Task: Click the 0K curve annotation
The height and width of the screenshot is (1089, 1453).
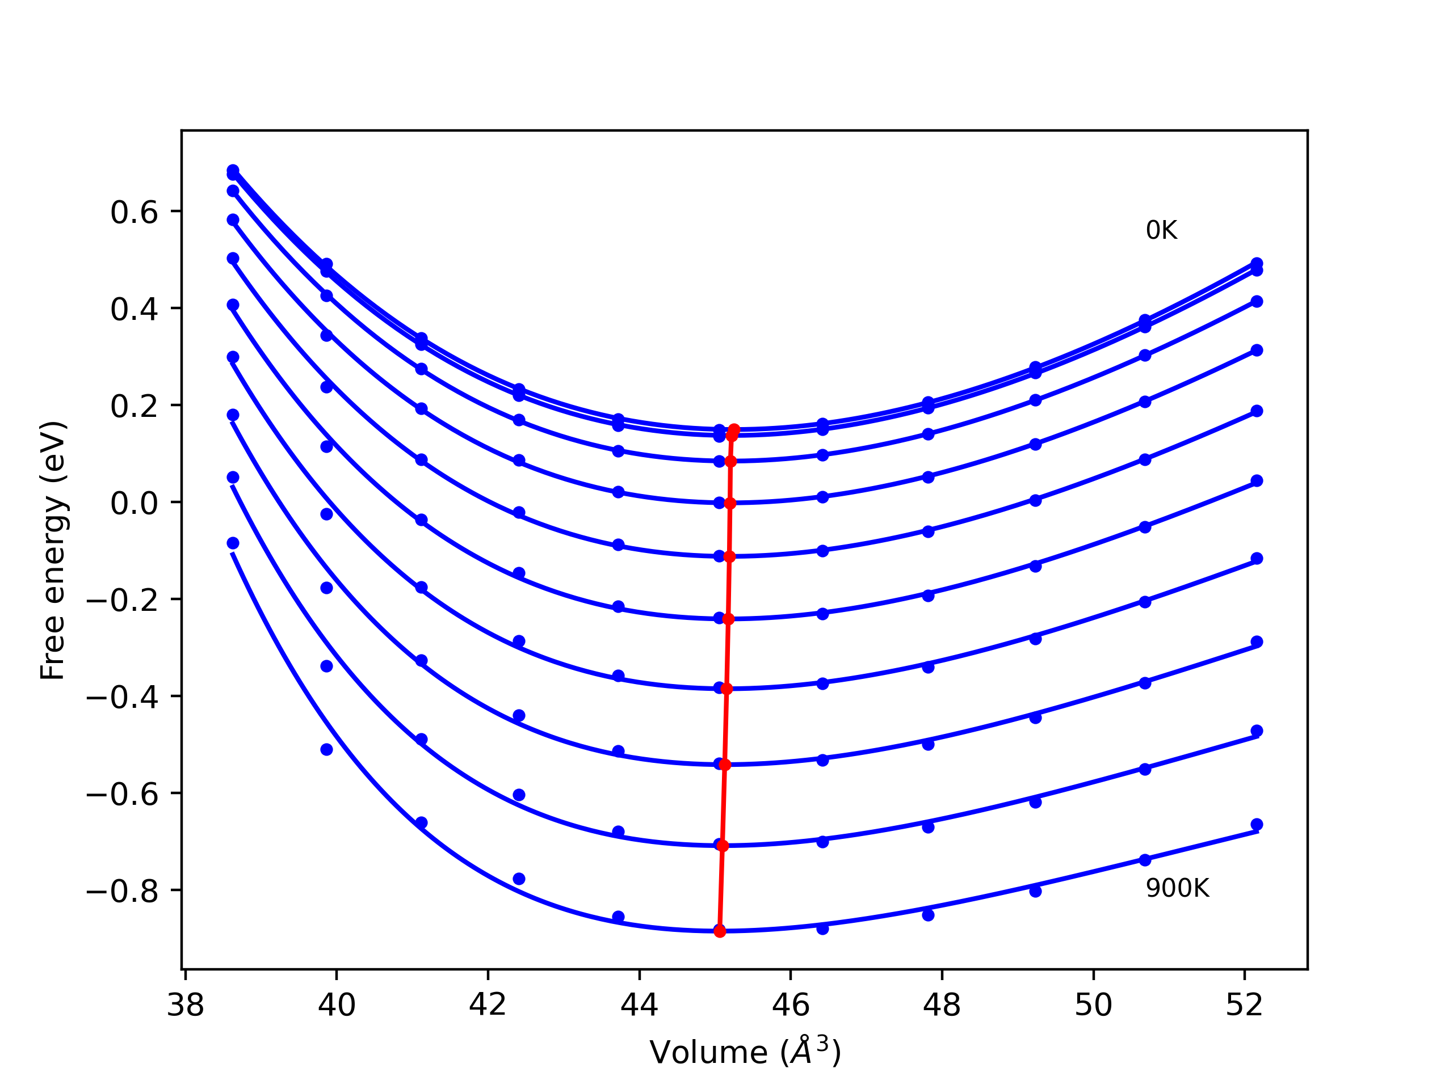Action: [x=1161, y=230]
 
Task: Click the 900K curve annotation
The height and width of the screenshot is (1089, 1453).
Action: [x=1177, y=888]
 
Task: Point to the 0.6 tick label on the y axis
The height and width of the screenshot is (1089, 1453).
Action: [x=134, y=213]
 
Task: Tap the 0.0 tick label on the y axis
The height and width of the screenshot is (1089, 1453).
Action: [x=134, y=504]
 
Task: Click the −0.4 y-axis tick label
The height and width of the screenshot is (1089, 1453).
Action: [x=122, y=698]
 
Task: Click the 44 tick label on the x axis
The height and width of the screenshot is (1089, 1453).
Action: [x=639, y=1005]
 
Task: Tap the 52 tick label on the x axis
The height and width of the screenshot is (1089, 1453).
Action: [x=1244, y=1005]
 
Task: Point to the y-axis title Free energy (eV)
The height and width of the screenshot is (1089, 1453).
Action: [x=53, y=550]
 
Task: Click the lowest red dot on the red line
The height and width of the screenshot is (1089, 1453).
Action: [x=720, y=931]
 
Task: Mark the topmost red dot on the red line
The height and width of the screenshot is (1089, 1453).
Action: [x=734, y=429]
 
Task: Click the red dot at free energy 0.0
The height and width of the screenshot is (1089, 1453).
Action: [x=730, y=504]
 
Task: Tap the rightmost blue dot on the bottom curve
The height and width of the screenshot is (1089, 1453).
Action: [x=1257, y=825]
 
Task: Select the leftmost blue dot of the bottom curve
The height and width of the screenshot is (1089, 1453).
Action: [x=233, y=543]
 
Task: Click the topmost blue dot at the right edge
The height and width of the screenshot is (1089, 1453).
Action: [x=1257, y=263]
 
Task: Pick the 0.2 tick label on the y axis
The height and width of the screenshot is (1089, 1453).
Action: [x=134, y=406]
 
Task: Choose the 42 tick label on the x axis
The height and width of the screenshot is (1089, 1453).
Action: [x=488, y=1005]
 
